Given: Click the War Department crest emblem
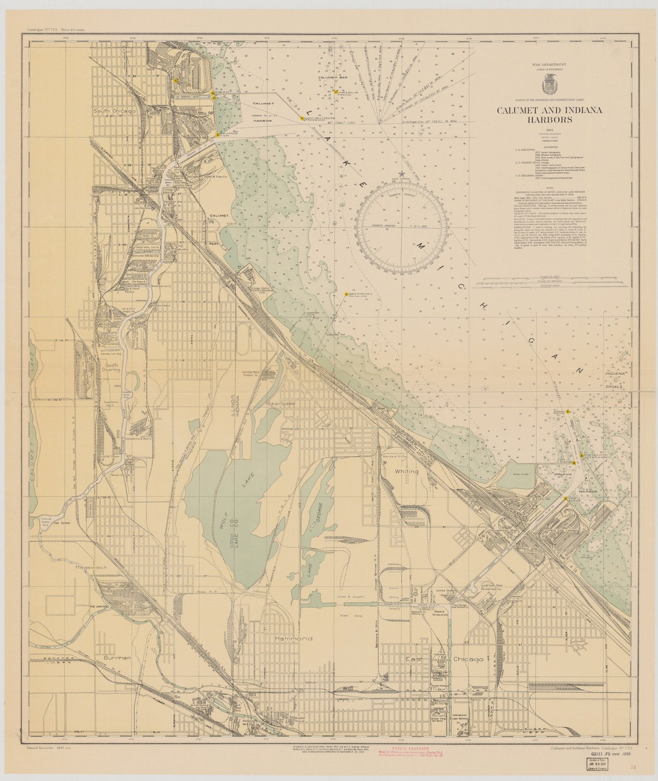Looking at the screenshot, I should (x=549, y=85).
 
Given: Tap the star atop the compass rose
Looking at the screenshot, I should (x=402, y=174).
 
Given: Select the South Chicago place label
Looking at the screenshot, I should (x=115, y=110).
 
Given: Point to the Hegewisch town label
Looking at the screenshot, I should (x=91, y=567).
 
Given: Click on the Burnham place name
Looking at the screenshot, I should (x=118, y=657).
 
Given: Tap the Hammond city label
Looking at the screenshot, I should (x=293, y=638).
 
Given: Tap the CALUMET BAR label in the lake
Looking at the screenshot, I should (x=331, y=77).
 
